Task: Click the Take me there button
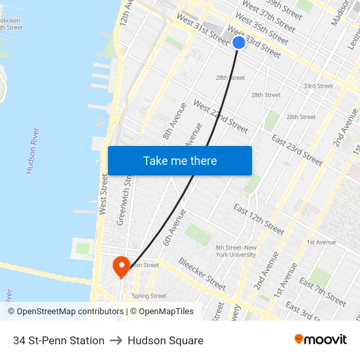point(180,161)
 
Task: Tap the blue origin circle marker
point(239,43)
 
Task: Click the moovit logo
point(320,340)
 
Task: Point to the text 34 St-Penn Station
point(59,340)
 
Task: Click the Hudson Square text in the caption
point(166,340)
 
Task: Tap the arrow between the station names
point(117,340)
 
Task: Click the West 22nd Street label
point(221,117)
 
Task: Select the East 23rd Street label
point(297,150)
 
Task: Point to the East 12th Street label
point(259,219)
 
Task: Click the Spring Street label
point(149,296)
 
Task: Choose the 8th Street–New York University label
point(236,251)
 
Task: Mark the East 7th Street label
point(323,291)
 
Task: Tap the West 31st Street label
point(203,31)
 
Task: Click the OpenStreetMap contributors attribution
point(65,312)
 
